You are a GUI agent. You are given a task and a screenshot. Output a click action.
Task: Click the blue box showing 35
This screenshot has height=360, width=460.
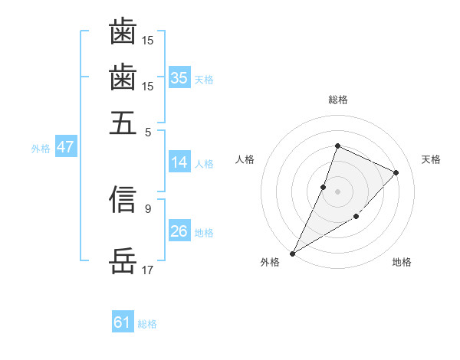[x=179, y=78]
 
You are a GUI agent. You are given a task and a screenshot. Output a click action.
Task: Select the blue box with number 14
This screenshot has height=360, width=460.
[x=179, y=162]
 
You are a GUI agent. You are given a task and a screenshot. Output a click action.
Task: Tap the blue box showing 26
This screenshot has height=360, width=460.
[x=179, y=231]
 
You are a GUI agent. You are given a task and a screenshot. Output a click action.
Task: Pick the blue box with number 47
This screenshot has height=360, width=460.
[x=65, y=147]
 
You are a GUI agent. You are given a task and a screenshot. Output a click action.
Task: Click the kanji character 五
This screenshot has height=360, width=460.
[x=123, y=122]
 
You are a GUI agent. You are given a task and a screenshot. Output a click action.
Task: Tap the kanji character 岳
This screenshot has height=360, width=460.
[x=123, y=260]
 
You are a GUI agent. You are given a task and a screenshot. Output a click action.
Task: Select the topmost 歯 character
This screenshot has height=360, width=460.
[x=123, y=32]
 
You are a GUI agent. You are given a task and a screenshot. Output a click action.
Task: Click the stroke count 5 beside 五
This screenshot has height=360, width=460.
[x=149, y=131]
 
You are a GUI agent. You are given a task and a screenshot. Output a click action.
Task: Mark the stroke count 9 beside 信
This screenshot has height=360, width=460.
[x=148, y=208]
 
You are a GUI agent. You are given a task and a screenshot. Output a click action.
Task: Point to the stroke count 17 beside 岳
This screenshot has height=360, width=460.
[x=148, y=270]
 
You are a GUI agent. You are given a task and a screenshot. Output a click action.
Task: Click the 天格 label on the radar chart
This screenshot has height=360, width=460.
[x=431, y=159]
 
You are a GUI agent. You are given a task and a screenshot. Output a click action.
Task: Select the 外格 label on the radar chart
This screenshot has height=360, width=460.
[x=270, y=263]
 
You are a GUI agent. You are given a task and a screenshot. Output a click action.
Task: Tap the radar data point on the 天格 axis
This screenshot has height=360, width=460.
[x=396, y=172]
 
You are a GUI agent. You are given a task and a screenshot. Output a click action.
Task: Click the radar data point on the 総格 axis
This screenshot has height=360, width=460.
[x=337, y=146]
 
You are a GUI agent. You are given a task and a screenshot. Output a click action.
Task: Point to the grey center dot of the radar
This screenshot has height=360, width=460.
[x=337, y=191]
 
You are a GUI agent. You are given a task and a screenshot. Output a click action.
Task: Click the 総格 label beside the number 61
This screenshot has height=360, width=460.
[x=147, y=324]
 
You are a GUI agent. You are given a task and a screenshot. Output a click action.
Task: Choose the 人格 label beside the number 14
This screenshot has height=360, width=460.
[x=204, y=163]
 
